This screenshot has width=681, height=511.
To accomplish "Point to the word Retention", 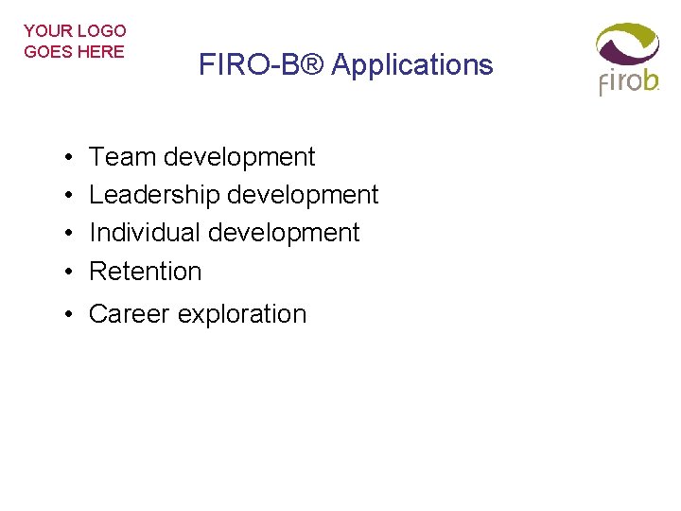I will (x=146, y=272).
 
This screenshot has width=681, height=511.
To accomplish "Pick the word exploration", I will (x=240, y=314).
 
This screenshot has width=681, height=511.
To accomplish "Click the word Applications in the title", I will (x=412, y=65).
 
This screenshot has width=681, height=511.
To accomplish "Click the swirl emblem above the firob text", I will (x=626, y=44).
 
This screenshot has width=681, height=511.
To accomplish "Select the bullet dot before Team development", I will (x=72, y=157).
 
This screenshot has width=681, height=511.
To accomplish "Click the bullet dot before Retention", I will (x=72, y=272).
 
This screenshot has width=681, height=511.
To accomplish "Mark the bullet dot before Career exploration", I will (x=72, y=315).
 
